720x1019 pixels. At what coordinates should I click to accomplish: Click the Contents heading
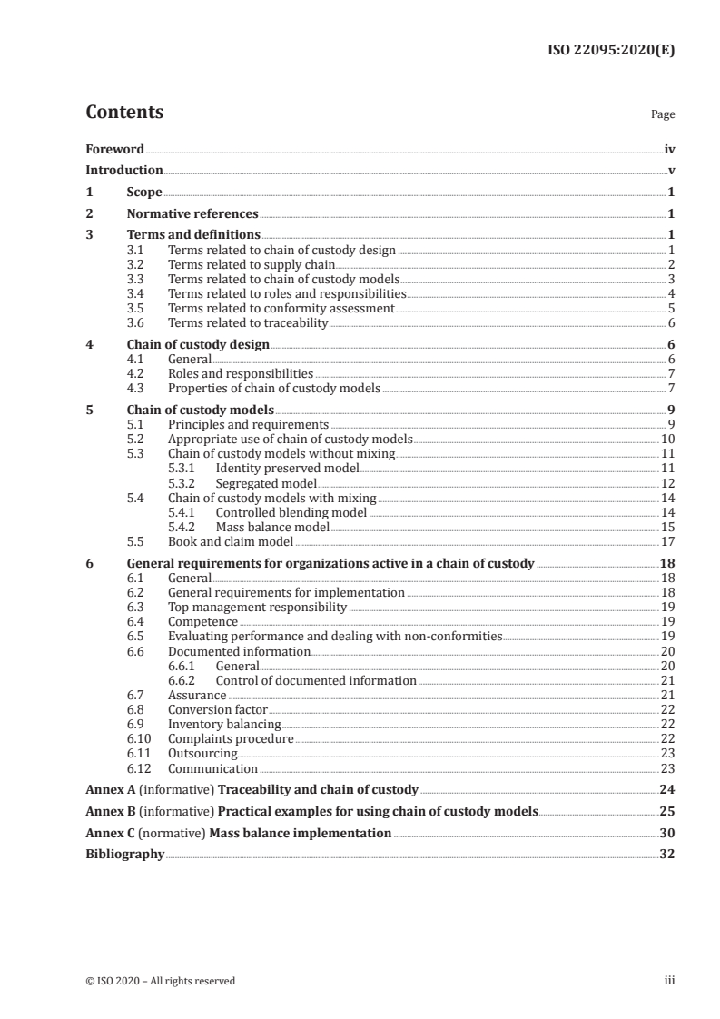point(124,113)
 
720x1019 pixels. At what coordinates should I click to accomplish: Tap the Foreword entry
point(114,148)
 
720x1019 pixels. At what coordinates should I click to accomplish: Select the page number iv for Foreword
point(668,148)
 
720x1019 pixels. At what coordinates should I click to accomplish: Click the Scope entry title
point(144,193)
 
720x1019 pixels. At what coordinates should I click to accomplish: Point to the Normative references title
point(192,214)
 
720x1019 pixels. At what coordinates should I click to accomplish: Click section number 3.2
point(135,264)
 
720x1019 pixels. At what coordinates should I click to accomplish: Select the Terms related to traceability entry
point(248,322)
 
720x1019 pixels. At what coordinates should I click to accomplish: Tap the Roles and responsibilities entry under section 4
point(241,373)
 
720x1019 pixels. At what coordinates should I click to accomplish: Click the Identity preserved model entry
point(287,468)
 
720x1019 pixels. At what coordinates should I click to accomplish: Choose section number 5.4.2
point(182,527)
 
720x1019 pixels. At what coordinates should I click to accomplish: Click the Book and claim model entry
point(231,541)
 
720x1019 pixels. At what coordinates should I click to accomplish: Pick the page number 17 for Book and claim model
point(666,541)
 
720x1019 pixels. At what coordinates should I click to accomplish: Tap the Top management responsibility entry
point(257,607)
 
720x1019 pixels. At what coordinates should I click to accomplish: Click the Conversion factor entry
point(218,709)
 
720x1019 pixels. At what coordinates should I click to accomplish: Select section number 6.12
point(138,768)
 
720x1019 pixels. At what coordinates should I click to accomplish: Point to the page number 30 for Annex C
point(666,833)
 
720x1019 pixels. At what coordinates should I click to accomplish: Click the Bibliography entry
point(124,854)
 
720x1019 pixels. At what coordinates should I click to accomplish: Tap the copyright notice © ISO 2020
point(160,981)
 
